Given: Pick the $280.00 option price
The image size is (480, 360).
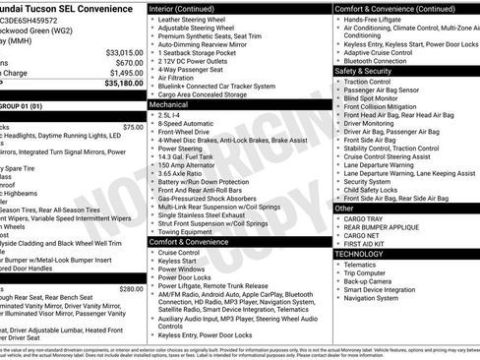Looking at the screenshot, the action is (x=130, y=289).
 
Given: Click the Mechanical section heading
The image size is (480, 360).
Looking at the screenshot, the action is (x=168, y=103).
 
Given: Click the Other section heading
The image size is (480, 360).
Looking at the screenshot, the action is (x=344, y=209).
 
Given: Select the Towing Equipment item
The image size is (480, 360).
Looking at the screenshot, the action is (x=193, y=230).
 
